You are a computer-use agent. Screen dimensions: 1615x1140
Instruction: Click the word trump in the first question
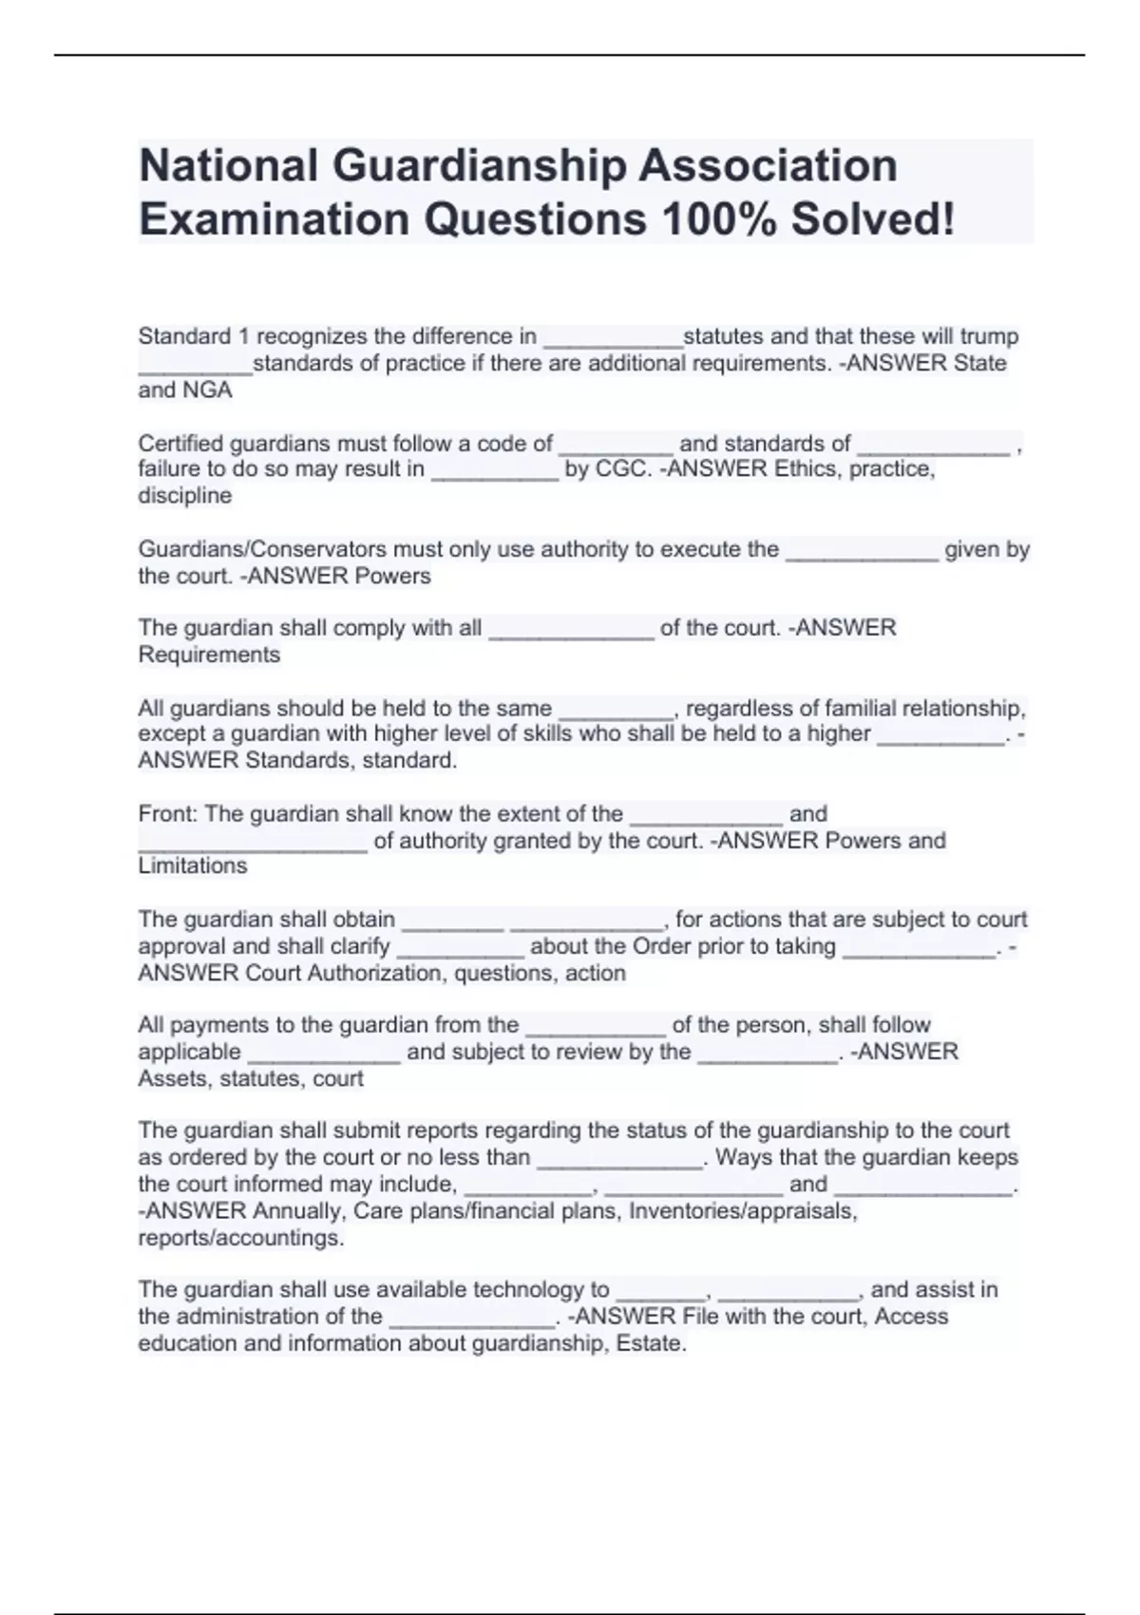(x=989, y=336)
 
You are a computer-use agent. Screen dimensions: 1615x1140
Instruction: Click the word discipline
(x=184, y=496)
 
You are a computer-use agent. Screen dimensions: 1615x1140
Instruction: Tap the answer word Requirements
(x=209, y=655)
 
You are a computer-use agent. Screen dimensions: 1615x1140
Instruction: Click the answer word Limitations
(x=192, y=866)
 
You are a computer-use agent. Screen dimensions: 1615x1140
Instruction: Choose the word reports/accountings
(x=240, y=1238)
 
